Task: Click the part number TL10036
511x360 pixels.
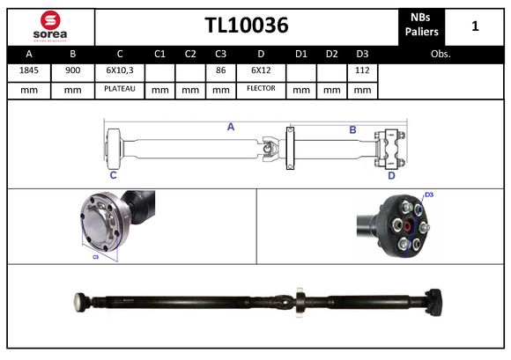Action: (x=246, y=26)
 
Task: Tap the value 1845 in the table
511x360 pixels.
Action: (x=28, y=70)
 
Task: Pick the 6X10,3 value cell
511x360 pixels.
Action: (x=119, y=70)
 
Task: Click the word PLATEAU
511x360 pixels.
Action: (x=119, y=89)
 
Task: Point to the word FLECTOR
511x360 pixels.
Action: (x=261, y=89)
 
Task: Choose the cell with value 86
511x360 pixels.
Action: (x=220, y=70)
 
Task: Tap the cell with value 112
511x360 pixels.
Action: (x=361, y=70)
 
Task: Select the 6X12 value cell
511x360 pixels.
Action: (x=261, y=70)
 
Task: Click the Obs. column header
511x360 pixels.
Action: (x=441, y=54)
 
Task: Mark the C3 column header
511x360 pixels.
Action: (x=220, y=54)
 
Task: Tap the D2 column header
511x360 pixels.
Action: (x=331, y=54)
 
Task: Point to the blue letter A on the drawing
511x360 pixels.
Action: (x=231, y=127)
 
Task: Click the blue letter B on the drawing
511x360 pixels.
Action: (x=352, y=130)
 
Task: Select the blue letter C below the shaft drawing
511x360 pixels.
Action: (x=113, y=175)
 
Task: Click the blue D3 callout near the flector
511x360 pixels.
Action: (x=429, y=195)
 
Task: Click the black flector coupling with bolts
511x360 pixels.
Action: (x=401, y=228)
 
